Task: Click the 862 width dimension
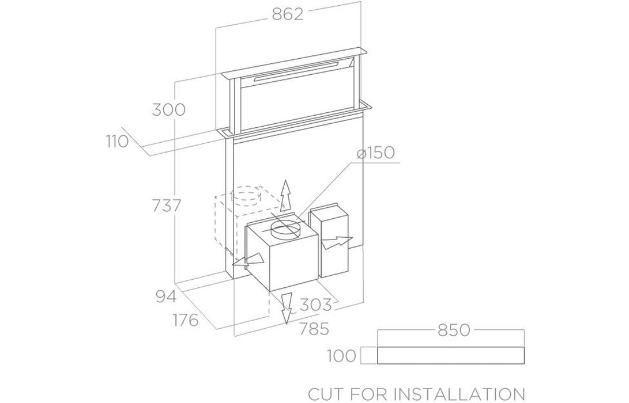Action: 287,14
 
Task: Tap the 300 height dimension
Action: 168,109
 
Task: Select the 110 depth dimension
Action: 117,142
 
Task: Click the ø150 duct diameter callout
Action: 375,153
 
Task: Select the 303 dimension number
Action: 315,304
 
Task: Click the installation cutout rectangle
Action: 451,356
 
